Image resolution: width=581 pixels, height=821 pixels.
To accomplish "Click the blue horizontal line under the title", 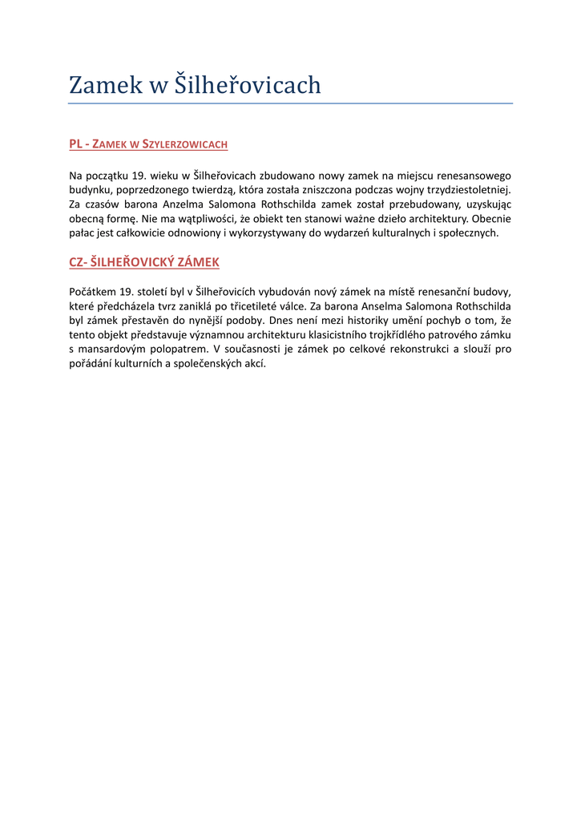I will (290, 103).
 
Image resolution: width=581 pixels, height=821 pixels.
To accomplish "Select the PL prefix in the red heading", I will (76, 144).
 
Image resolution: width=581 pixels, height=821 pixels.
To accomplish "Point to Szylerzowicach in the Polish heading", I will (184, 144).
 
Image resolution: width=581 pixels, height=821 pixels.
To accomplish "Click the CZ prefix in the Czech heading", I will (76, 262).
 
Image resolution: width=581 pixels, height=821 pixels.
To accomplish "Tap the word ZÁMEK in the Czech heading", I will (198, 262).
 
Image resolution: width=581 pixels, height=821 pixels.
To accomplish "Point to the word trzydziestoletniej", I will (466, 190).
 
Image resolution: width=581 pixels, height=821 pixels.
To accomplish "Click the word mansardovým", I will (111, 349).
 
